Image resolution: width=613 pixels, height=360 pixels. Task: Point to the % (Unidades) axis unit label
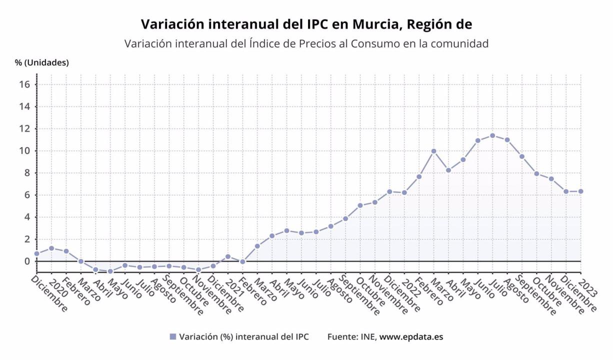coord(42,62)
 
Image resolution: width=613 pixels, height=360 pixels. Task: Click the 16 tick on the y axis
coord(25,84)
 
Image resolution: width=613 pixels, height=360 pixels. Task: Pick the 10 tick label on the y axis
coord(25,151)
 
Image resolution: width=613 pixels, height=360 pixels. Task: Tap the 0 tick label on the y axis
coord(28,261)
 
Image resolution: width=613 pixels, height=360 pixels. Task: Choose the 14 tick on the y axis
coord(25,106)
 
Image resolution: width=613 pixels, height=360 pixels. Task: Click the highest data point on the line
coord(492,135)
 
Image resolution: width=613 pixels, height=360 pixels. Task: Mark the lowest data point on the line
coord(110,271)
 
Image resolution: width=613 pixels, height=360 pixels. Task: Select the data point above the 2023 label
coord(581,191)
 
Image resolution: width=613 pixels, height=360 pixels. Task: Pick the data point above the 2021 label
coord(227,256)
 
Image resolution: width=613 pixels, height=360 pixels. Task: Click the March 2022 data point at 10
coord(433,151)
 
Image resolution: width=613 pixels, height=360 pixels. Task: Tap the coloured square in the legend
coord(173,336)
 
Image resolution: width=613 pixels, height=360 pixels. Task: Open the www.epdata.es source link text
coord(411,336)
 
